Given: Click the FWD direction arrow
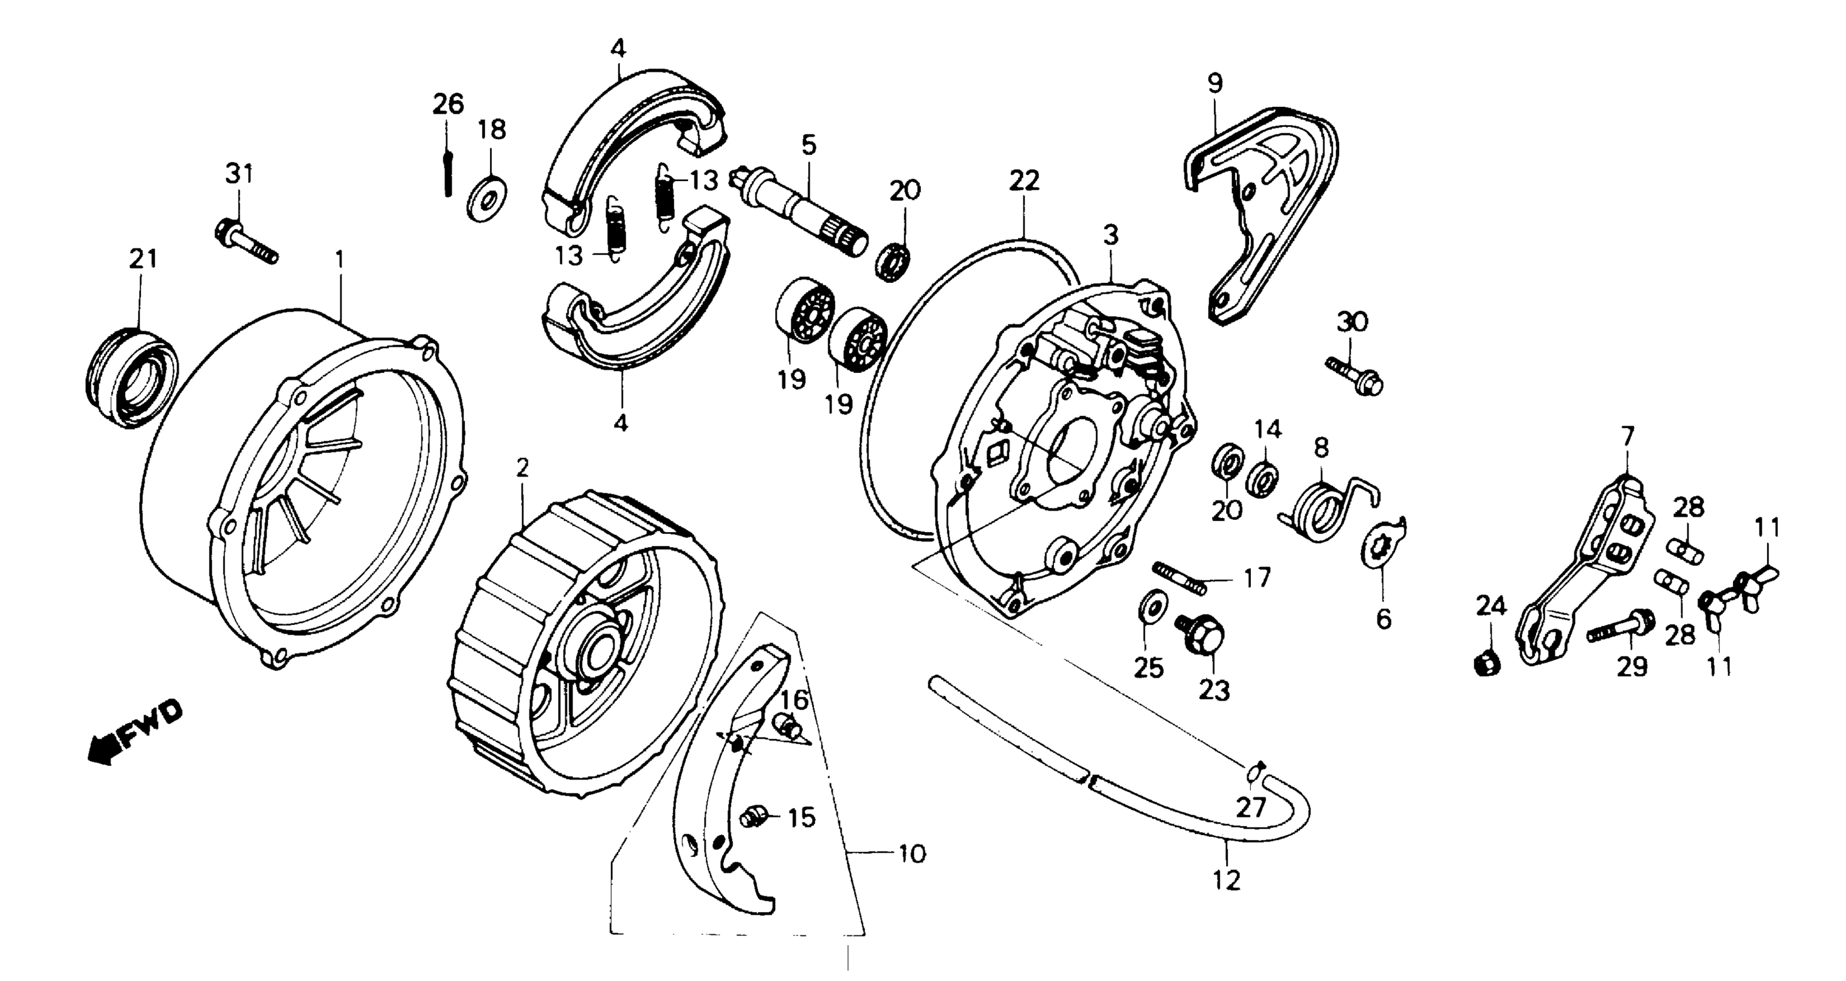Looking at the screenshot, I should (133, 732).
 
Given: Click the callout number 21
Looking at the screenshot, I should (143, 259).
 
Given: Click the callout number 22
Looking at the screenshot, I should (1024, 180).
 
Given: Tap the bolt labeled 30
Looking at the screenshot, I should (1354, 377).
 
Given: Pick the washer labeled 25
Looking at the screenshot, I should (1151, 605).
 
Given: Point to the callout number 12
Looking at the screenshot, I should (1226, 879).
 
